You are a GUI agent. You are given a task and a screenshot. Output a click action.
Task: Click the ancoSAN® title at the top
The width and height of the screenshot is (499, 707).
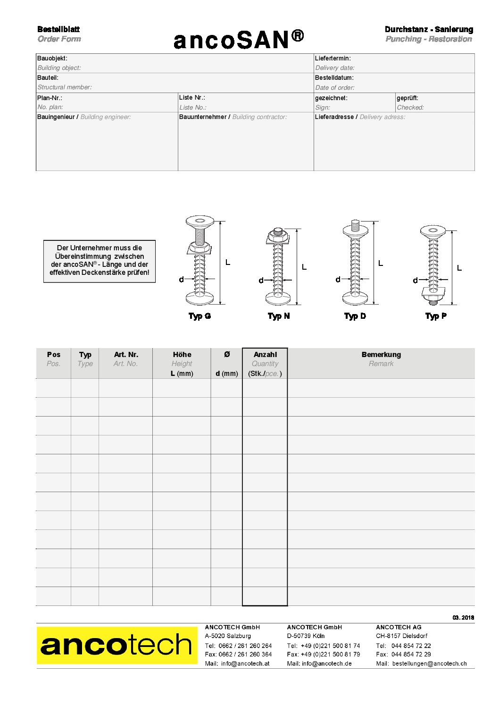click(x=239, y=40)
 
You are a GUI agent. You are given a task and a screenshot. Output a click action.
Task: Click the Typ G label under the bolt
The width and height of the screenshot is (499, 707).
click(x=200, y=316)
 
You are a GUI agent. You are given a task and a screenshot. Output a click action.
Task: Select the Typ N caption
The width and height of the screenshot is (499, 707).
click(x=279, y=316)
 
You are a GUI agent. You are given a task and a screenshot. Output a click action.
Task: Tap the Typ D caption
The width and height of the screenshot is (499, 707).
click(x=355, y=316)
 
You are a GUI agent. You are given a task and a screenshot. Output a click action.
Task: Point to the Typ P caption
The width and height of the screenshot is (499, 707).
click(x=436, y=316)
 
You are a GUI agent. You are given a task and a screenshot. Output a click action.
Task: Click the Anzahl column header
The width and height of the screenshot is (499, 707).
click(x=265, y=355)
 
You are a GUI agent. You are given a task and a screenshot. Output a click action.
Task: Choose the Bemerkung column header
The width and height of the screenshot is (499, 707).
click(x=381, y=355)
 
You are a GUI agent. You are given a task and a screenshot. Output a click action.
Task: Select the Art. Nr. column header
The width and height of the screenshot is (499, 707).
click(x=126, y=355)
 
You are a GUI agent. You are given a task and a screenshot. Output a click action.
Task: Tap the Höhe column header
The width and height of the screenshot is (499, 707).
click(x=182, y=355)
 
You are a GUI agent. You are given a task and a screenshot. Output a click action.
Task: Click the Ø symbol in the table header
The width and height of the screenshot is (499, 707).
click(x=227, y=355)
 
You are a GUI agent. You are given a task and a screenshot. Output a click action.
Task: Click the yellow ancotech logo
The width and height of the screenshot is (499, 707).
click(x=117, y=645)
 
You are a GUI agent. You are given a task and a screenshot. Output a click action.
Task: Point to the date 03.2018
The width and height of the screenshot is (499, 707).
click(x=463, y=618)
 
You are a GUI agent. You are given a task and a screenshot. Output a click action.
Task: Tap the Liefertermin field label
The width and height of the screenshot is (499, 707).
click(x=333, y=59)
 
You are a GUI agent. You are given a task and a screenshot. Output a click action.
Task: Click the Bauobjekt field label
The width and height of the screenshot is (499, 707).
click(x=52, y=59)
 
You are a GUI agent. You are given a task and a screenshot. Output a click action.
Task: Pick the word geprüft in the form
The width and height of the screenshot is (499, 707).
click(x=408, y=98)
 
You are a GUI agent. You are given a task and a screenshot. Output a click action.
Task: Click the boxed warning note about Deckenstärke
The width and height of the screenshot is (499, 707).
click(x=100, y=261)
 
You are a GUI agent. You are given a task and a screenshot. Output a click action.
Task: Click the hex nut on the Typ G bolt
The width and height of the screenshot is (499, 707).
click(x=200, y=249)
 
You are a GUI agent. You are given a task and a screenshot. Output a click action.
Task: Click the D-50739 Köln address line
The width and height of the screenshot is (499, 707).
click(x=306, y=636)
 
